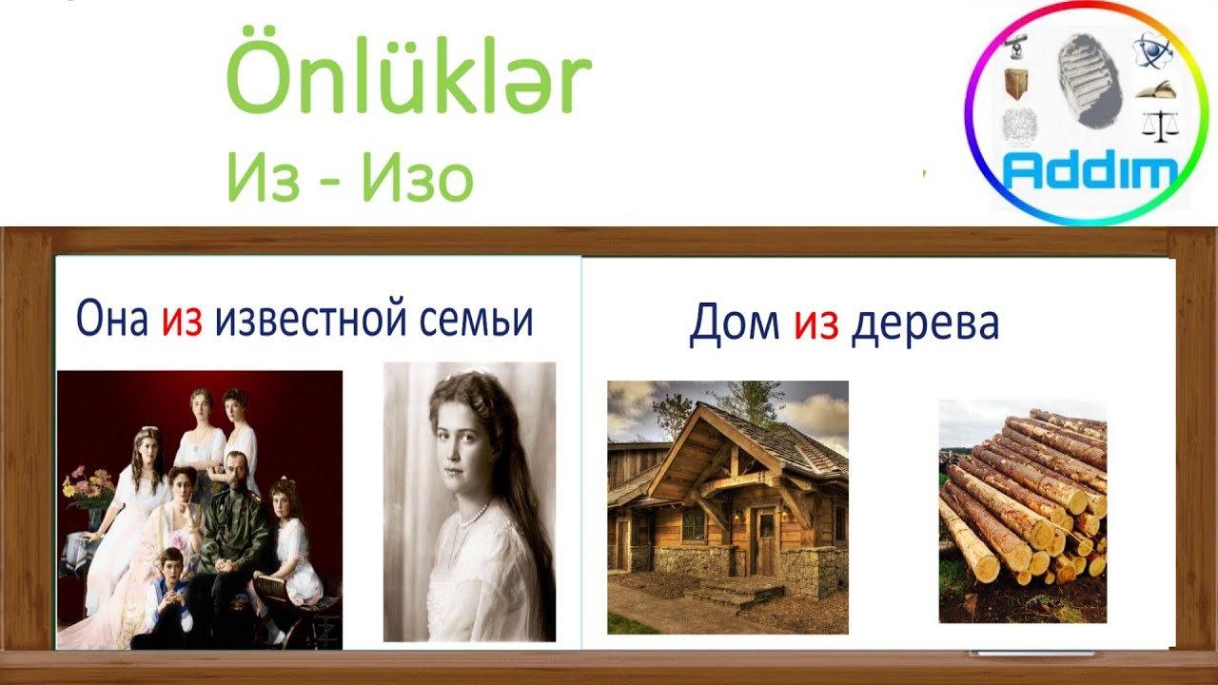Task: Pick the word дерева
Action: [x=924, y=324]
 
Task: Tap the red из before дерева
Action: [x=815, y=324]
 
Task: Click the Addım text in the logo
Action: [x=1090, y=172]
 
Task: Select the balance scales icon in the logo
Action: [x=1159, y=123]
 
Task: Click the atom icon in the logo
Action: [x=1147, y=50]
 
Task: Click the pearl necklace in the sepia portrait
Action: [x=472, y=517]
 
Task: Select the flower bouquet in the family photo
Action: [x=87, y=486]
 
